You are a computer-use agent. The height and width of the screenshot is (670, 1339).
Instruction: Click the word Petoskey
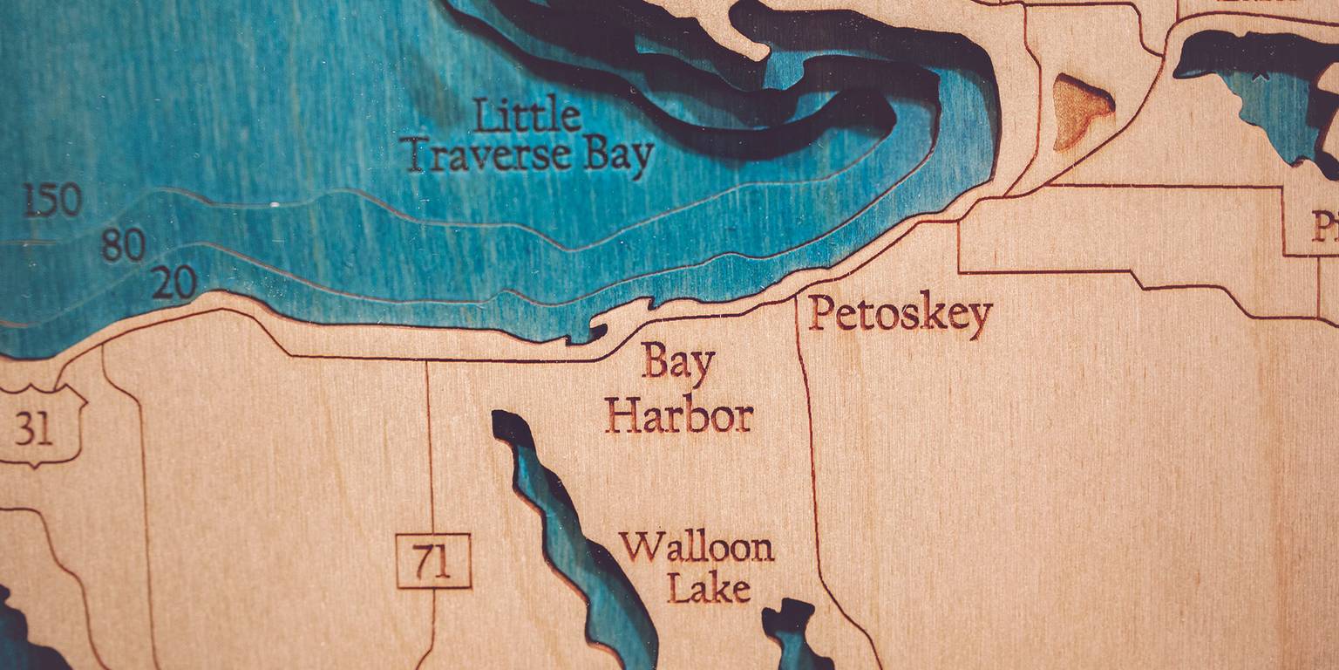[x=900, y=315]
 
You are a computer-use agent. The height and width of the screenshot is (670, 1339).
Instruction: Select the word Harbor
[x=679, y=415]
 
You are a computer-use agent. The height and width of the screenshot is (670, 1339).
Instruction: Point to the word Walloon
[x=697, y=548]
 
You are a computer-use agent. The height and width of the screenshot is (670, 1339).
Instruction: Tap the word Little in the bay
[x=527, y=116]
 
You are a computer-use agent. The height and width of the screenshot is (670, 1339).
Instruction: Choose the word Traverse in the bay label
[x=489, y=154]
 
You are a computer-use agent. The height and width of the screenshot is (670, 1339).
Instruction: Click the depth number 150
[x=52, y=201]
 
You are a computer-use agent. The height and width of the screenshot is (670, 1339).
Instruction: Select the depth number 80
[x=123, y=245]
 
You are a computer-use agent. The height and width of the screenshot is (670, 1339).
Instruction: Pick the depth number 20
[x=173, y=283]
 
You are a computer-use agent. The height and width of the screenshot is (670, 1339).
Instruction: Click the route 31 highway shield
[x=35, y=427]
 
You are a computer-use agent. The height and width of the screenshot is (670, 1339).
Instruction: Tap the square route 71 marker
[x=433, y=561]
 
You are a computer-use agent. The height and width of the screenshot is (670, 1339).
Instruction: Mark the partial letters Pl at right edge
[x=1325, y=229]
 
